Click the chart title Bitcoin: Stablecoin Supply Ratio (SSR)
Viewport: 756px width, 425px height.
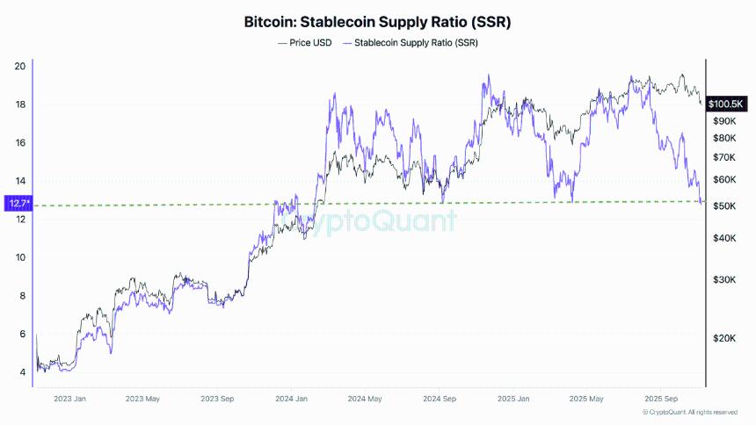[377, 21]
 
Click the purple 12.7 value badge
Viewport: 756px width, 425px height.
[17, 204]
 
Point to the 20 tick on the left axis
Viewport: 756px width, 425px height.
[20, 66]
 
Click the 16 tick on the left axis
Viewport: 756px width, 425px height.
[20, 142]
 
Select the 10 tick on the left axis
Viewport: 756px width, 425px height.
[20, 257]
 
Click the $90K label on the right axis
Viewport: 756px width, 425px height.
[723, 121]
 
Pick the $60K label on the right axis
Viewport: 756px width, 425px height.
[723, 180]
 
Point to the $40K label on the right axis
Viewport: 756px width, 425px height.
[723, 238]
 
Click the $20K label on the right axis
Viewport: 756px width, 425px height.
[723, 338]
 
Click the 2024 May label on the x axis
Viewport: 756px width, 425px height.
[363, 399]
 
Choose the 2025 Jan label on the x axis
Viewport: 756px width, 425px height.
[512, 399]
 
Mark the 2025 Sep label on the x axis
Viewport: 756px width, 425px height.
[658, 399]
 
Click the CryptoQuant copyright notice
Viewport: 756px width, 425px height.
[689, 412]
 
